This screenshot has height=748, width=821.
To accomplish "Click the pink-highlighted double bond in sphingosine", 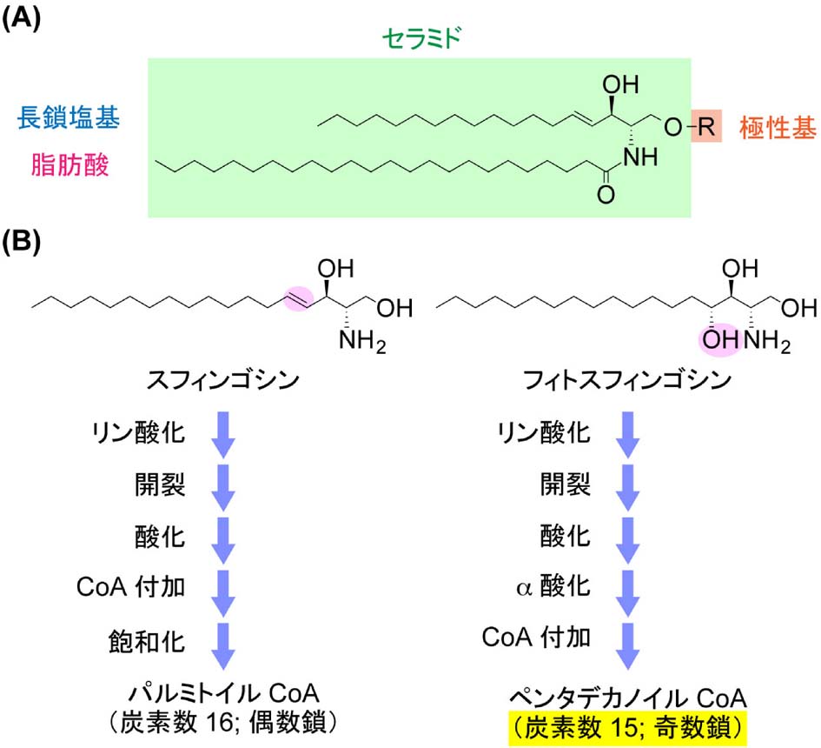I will (295, 301).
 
